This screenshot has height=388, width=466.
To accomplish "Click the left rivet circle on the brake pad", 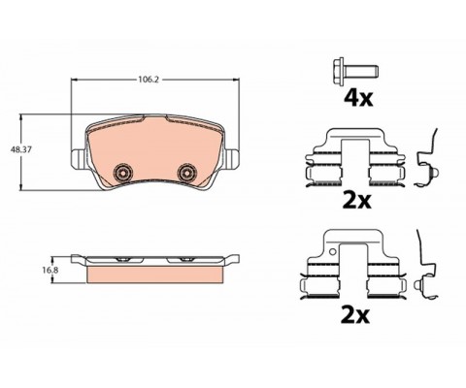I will click(x=122, y=172).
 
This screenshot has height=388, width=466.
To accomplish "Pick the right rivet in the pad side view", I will click(x=183, y=259).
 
